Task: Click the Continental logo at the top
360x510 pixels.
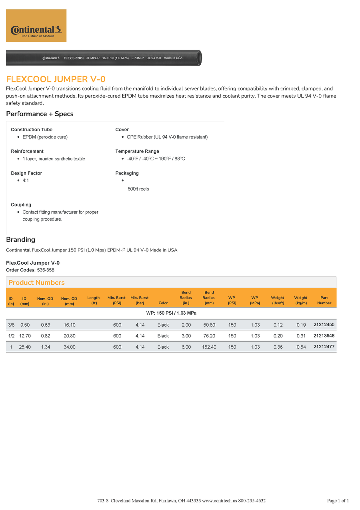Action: click(x=36, y=26)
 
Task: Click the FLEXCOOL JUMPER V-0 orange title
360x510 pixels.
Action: click(x=56, y=79)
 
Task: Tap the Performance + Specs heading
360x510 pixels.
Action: click(x=40, y=114)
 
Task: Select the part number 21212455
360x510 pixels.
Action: click(x=324, y=325)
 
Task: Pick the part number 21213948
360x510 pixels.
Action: click(x=324, y=335)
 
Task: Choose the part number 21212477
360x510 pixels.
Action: click(x=324, y=347)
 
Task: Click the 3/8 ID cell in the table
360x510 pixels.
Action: click(x=11, y=325)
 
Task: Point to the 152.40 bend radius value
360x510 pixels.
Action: click(x=209, y=347)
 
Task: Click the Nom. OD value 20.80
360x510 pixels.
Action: click(x=69, y=336)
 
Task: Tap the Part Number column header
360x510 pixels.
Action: click(x=324, y=300)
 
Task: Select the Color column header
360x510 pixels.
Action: click(x=163, y=303)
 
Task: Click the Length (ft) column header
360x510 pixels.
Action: click(x=93, y=300)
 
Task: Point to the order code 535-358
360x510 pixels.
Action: click(x=46, y=270)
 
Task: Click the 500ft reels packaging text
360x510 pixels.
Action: click(x=138, y=189)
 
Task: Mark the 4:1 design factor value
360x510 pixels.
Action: click(x=26, y=181)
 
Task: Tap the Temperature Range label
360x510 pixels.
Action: click(x=137, y=151)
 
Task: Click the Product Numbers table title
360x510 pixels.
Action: click(x=36, y=282)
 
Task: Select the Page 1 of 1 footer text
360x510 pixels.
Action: click(x=338, y=500)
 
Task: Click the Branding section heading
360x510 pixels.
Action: click(x=20, y=239)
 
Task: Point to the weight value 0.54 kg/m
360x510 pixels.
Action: click(x=301, y=347)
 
